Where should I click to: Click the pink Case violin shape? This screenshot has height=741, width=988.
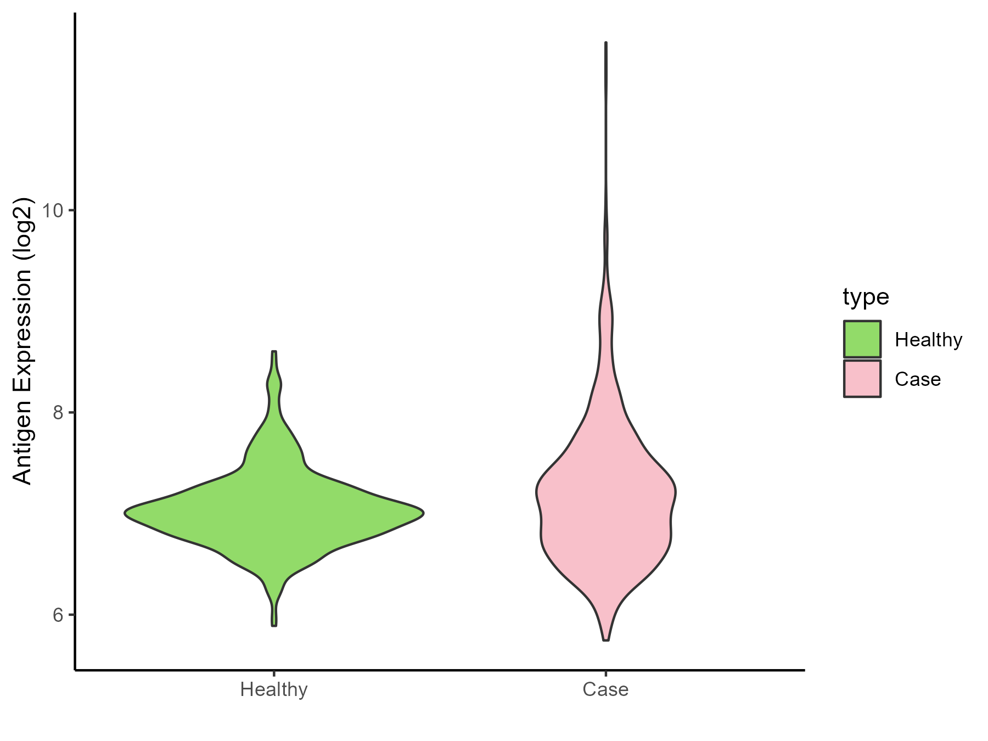(606, 510)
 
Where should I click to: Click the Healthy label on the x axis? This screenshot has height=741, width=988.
(274, 689)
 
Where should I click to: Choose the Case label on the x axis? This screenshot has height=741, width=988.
(605, 689)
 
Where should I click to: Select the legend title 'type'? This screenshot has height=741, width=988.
(866, 297)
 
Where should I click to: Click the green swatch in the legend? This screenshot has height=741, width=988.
(862, 339)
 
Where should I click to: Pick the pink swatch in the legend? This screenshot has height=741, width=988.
(862, 379)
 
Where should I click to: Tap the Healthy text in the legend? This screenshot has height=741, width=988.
(928, 340)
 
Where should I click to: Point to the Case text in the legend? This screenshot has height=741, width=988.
(918, 379)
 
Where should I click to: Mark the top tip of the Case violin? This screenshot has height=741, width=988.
(606, 42)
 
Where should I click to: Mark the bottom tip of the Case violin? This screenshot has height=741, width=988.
(606, 640)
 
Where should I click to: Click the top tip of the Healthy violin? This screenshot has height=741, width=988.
(274, 351)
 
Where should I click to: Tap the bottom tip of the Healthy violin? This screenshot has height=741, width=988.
(274, 625)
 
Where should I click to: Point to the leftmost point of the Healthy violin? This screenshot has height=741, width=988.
(125, 513)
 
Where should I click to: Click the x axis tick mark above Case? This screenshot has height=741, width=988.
(605, 673)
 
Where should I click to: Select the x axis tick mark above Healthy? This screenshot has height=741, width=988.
(274, 673)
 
